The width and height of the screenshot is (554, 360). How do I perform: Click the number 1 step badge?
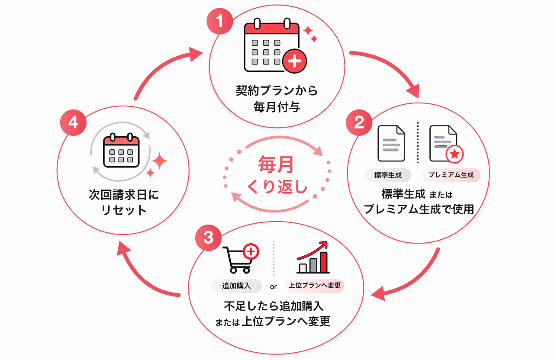219,21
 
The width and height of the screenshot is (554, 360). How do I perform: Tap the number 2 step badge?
359,122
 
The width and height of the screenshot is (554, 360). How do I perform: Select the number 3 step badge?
208,238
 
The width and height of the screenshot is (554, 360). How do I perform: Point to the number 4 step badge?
73,122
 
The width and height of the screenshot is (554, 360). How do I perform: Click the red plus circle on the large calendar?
295,61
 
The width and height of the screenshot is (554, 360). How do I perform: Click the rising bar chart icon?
313,257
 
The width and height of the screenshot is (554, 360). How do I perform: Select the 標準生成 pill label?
388,175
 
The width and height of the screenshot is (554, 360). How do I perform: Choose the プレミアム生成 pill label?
451,175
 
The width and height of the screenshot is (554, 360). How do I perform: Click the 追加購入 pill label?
236,286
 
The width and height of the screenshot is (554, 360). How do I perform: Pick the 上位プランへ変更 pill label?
315,286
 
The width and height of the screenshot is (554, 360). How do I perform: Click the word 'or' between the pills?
274,287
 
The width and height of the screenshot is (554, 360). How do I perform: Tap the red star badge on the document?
454,154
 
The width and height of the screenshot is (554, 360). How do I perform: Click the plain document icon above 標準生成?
391,143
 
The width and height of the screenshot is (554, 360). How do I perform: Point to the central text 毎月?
276,164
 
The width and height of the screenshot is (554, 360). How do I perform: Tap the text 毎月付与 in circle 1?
277,107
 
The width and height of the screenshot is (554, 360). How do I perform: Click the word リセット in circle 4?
124,210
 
